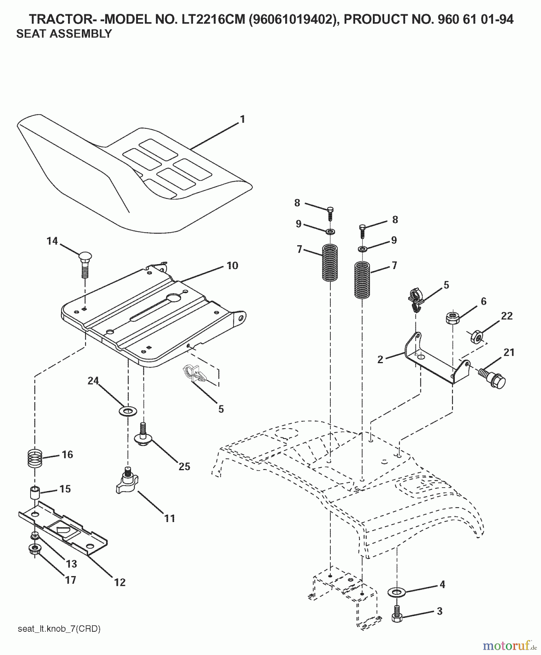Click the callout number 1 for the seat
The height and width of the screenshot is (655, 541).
tap(242, 119)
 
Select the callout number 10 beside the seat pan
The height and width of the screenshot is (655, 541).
tap(232, 266)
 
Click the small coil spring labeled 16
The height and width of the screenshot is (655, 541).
tap(35, 458)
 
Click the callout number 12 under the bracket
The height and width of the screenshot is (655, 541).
tap(120, 582)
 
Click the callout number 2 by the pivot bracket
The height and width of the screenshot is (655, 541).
tap(381, 360)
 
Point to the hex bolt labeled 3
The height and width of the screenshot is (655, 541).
tap(397, 615)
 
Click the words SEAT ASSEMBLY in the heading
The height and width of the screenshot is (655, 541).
tap(64, 34)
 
